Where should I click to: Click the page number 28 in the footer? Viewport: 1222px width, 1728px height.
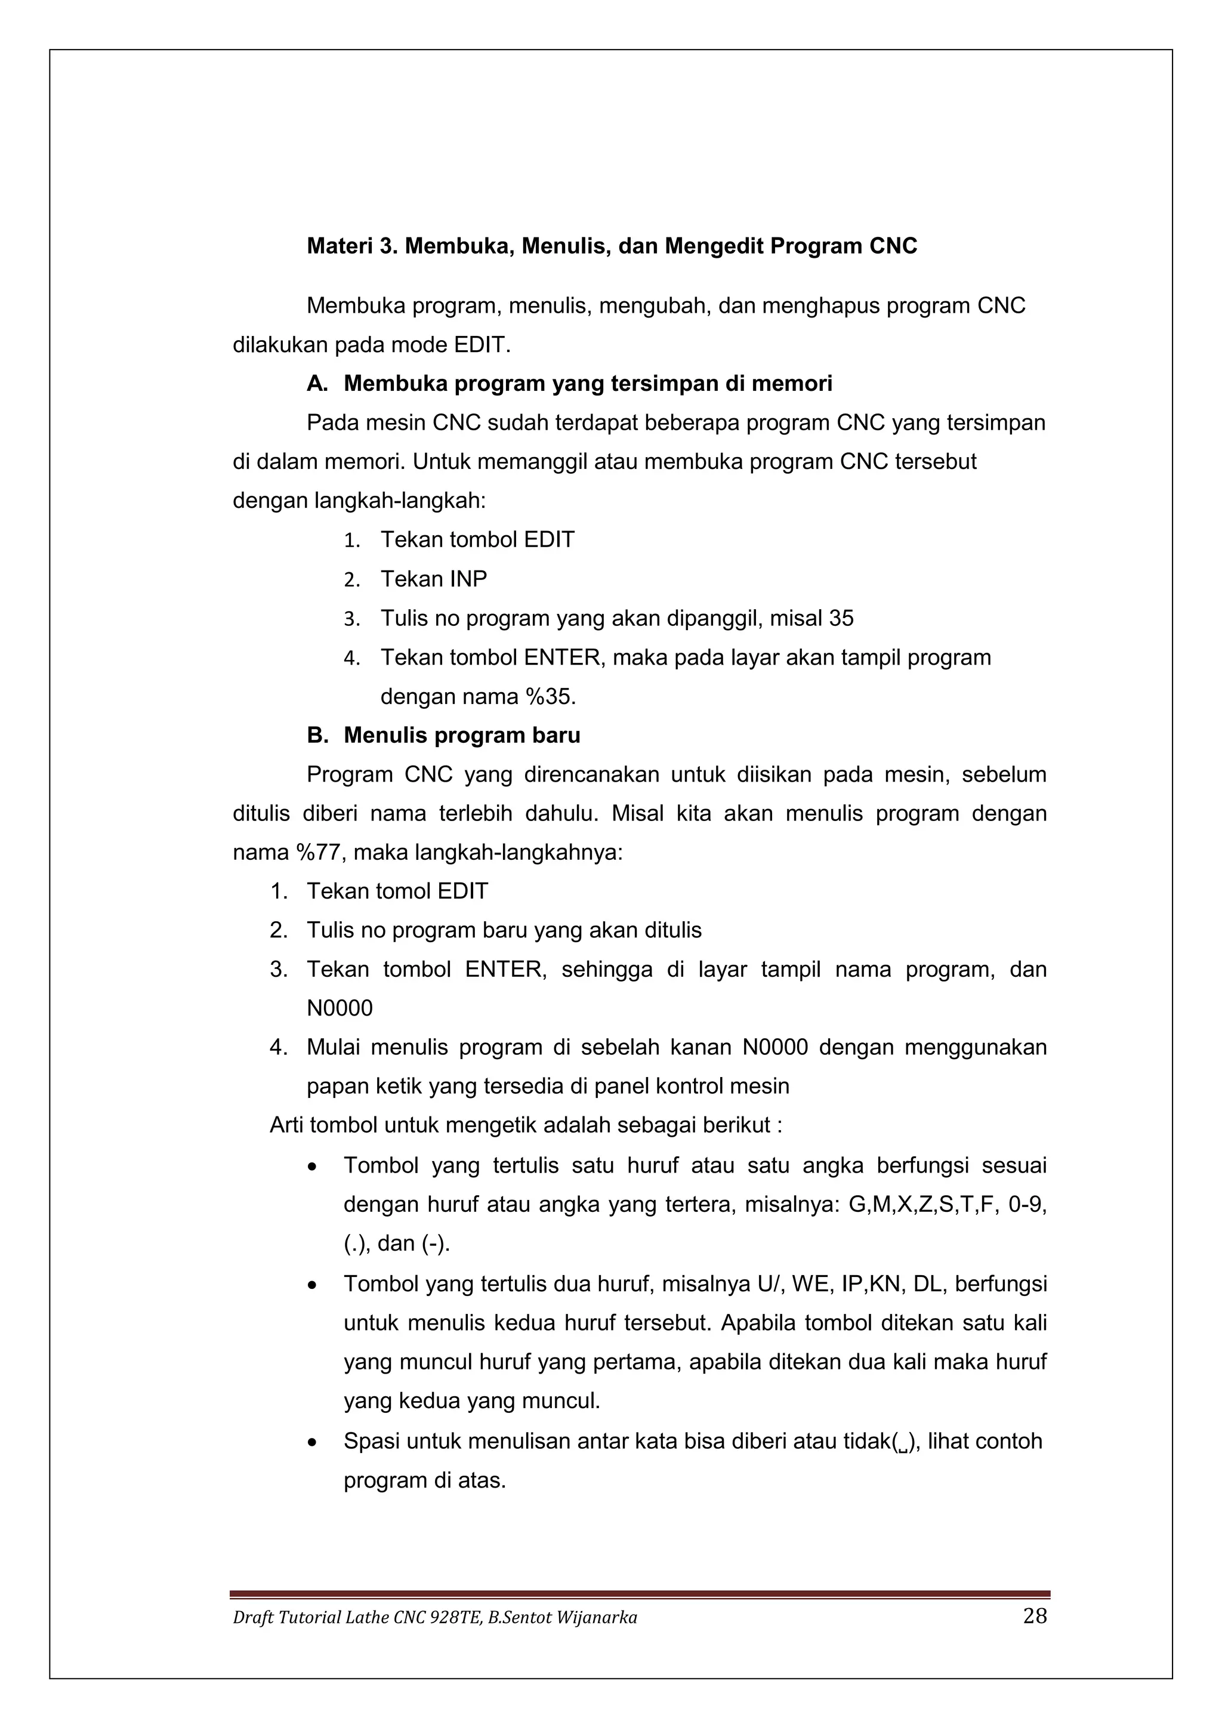tap(1035, 1616)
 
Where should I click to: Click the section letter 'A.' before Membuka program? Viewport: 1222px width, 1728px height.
tap(317, 384)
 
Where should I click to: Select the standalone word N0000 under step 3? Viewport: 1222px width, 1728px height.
tap(340, 1008)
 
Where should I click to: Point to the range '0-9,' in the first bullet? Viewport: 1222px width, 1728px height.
tap(1027, 1205)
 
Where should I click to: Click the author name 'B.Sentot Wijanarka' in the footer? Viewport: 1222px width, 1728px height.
tap(562, 1618)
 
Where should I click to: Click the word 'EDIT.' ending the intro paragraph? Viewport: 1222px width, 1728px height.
tap(482, 345)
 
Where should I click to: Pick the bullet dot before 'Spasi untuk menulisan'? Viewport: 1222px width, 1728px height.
tap(312, 1443)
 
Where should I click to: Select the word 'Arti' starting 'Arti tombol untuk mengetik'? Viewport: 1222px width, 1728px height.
tap(286, 1125)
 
